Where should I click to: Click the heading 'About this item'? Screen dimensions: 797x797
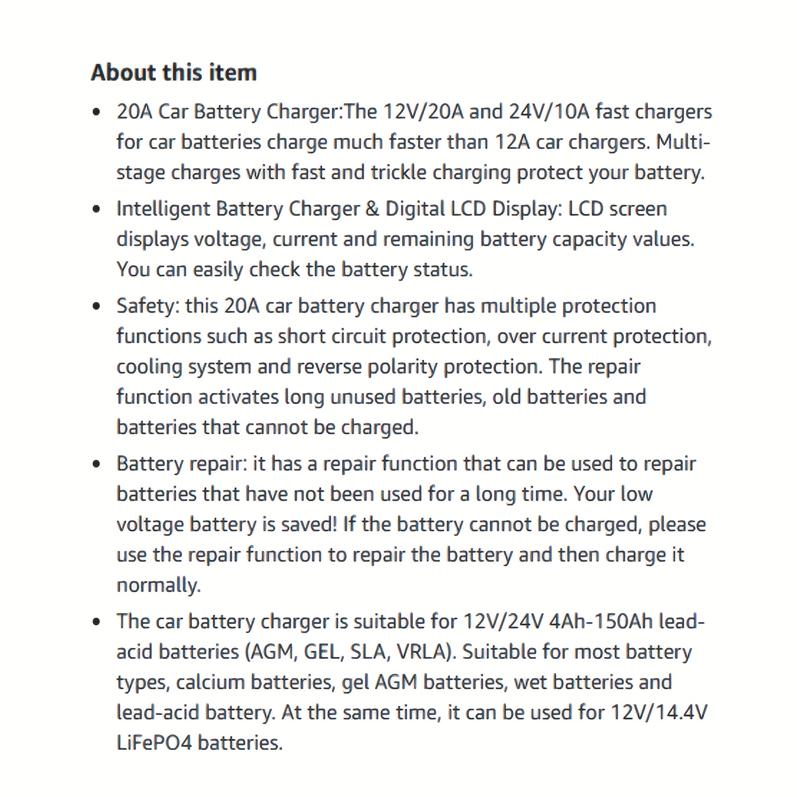click(x=174, y=72)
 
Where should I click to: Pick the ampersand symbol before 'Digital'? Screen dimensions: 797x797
click(x=372, y=209)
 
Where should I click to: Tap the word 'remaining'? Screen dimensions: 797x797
click(x=428, y=240)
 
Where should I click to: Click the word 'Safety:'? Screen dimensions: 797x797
click(x=148, y=306)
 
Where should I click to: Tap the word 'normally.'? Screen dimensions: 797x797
click(x=158, y=585)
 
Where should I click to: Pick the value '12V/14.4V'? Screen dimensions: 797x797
click(x=659, y=713)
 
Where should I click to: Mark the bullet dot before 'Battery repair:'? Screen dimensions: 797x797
click(x=96, y=464)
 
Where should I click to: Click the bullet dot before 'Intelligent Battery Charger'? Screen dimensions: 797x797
click(x=96, y=209)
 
